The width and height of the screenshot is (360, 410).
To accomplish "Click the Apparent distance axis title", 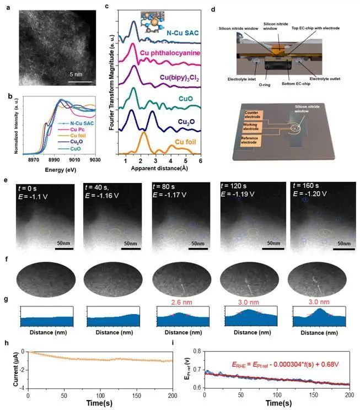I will tap(164, 166).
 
